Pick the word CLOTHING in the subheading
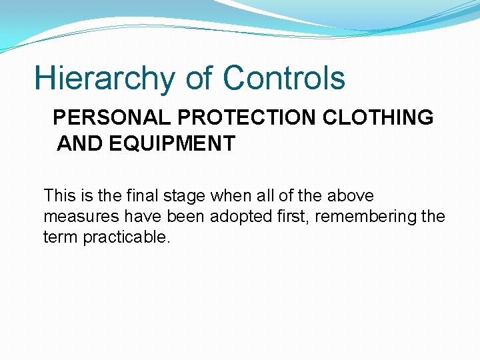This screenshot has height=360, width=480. (379, 118)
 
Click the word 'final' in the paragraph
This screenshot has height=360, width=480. (146, 196)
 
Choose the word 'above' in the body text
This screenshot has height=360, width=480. (350, 196)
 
